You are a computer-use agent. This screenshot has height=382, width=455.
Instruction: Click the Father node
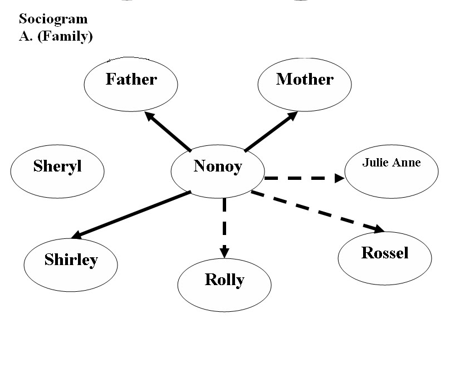point(131,84)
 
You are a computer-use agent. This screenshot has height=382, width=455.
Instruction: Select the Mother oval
point(305,84)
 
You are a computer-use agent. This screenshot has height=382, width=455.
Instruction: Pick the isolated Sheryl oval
point(57,170)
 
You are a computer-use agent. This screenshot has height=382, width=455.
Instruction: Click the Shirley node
point(71,263)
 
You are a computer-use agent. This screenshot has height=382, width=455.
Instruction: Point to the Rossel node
point(385,257)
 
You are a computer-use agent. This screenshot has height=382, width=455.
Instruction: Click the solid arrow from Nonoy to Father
point(167,131)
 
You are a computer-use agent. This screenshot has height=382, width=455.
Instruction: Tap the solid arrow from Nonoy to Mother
point(271,131)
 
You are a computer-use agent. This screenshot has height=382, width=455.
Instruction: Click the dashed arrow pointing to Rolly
point(224,226)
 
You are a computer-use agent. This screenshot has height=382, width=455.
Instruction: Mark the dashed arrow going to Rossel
point(317,211)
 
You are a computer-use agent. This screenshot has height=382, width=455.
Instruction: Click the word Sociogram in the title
point(53,19)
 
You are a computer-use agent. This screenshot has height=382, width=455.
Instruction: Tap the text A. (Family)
point(56,37)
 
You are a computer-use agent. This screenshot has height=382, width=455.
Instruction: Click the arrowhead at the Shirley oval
point(78,235)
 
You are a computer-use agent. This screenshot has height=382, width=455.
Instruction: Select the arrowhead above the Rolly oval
point(224,251)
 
